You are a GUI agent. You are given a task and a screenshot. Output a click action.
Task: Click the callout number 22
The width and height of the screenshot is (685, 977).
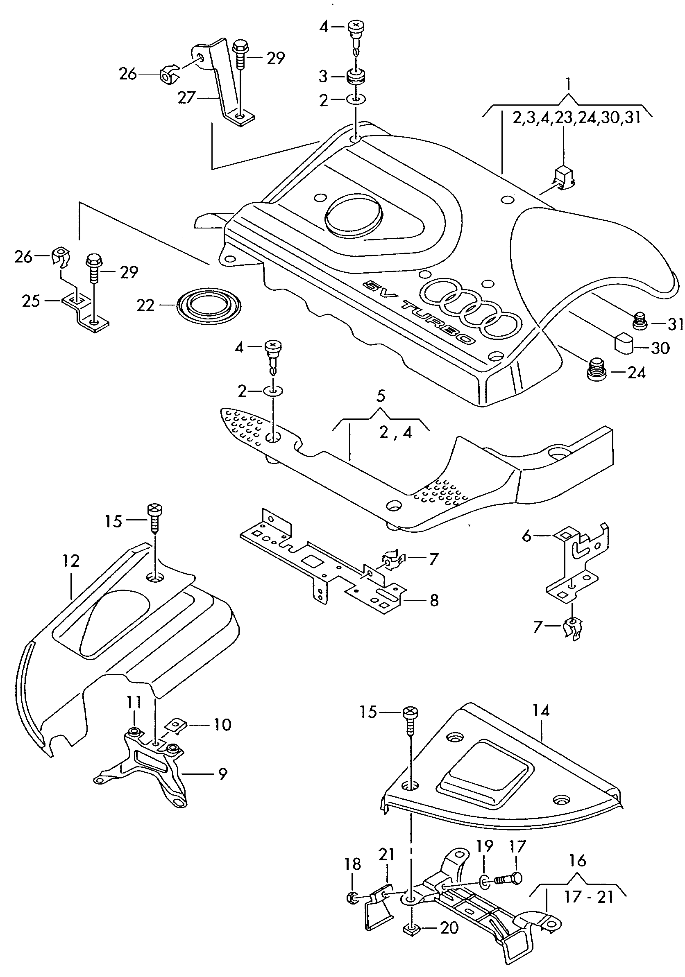[145, 305]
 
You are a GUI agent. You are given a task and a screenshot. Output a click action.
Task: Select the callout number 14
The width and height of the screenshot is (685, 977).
[541, 710]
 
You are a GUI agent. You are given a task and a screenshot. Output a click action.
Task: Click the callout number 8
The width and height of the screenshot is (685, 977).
[434, 600]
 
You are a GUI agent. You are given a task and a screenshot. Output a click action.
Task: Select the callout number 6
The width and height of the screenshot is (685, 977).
[526, 536]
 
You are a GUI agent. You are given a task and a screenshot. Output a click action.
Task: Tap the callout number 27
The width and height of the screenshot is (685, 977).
[186, 98]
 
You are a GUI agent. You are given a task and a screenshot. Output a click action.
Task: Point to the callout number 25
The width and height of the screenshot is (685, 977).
[31, 301]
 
